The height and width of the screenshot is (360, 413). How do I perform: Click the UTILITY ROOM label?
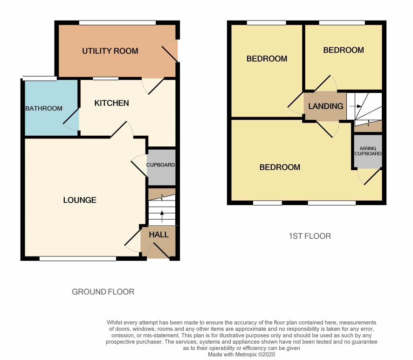coord(110,51)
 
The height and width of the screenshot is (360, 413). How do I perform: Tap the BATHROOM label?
coord(44,108)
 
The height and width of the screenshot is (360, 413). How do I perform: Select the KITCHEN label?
coord(112,103)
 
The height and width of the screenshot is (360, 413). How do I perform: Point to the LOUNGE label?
coord(80,200)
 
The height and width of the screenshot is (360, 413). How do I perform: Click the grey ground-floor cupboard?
coord(161,167)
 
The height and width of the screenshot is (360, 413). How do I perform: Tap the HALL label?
coord(158,235)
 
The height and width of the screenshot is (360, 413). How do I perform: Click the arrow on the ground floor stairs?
coord(162,216)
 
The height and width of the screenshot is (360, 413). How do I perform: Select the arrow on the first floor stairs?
coord(355,106)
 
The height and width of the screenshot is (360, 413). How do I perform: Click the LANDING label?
coord(326,106)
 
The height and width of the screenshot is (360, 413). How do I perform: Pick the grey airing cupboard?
coord(368,151)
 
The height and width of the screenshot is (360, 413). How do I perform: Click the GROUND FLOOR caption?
coord(103,292)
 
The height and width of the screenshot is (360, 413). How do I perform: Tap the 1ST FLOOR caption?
coord(310,236)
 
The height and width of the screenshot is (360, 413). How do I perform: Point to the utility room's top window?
coord(117,23)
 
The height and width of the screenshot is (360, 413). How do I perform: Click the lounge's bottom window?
coord(78,259)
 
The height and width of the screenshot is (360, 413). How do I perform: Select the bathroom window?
coord(40,78)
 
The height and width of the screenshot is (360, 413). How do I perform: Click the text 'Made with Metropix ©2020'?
coord(241,354)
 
